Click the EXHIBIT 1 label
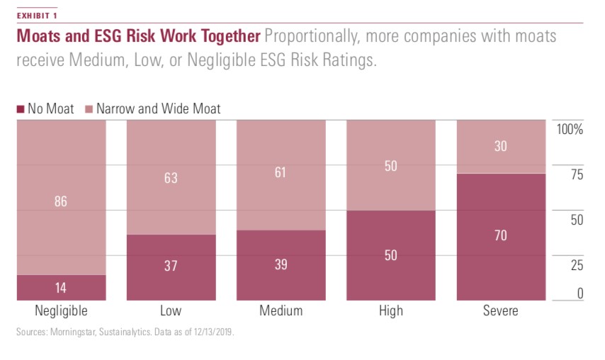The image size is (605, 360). [38, 15]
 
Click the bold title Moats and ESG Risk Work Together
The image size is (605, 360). [138, 36]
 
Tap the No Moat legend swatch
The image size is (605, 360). [20, 109]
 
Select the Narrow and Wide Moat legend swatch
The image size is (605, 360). [89, 109]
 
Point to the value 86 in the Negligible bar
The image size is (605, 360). [61, 202]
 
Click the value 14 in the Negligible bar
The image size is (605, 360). [61, 288]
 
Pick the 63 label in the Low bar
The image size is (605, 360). [171, 178]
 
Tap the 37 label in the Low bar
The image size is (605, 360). [171, 266]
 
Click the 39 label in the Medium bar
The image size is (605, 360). [281, 264]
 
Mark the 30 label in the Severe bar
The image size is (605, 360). [501, 147]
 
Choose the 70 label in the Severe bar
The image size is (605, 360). [501, 236]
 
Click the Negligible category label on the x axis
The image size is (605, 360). [61, 311]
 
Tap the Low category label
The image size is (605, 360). [171, 311]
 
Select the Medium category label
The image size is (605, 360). [281, 311]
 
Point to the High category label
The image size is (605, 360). [390, 311]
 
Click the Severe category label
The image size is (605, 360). [501, 311]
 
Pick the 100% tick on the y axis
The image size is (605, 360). [570, 130]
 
